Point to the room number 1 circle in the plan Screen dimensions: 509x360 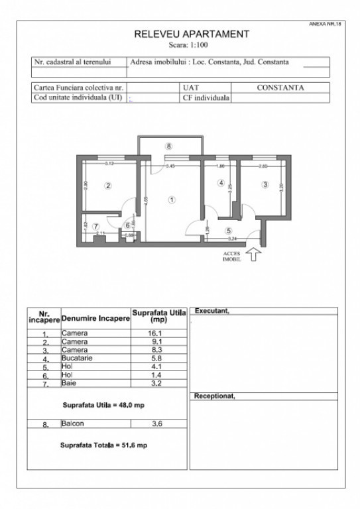click(x=171, y=199)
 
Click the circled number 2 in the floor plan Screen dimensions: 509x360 click(x=107, y=186)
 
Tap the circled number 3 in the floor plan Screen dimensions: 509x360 click(x=265, y=184)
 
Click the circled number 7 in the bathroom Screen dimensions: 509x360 click(x=95, y=226)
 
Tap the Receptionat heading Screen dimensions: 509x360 click(x=215, y=396)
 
